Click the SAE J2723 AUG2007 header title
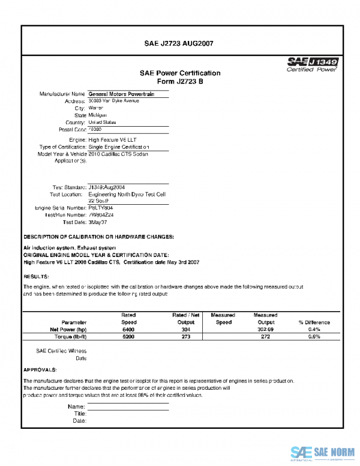179,44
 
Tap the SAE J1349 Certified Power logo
312,64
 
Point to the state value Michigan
98,115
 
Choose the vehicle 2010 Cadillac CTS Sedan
118,154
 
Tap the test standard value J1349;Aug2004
107,187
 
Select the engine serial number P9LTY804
101,208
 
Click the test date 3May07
97,222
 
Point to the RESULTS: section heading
36,276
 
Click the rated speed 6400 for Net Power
128,330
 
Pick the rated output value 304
185,330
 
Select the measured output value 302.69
265,330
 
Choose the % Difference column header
314,322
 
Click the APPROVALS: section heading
40,369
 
